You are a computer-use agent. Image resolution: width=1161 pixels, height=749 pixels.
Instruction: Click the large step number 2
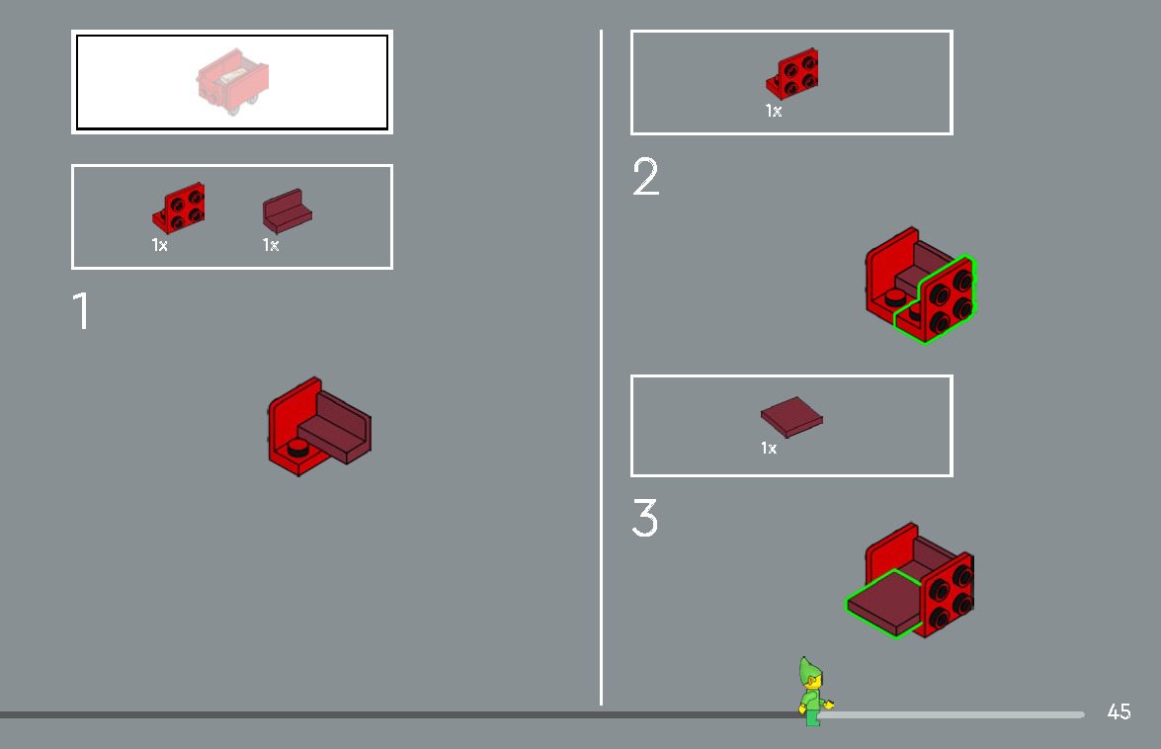click(645, 178)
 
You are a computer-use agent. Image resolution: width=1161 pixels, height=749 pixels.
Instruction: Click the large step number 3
click(644, 519)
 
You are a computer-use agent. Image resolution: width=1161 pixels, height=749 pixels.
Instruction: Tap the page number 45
click(1119, 711)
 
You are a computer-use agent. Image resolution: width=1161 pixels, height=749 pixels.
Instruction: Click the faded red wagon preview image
click(232, 83)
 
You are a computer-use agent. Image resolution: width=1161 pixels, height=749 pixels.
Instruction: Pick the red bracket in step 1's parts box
click(180, 206)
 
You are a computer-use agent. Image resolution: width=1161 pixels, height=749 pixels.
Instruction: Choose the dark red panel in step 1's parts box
click(287, 211)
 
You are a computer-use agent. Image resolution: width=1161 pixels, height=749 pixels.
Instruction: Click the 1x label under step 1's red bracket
click(159, 245)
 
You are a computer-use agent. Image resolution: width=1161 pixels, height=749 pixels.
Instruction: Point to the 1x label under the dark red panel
click(270, 245)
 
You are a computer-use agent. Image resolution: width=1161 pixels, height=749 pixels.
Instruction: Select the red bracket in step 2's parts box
click(793, 74)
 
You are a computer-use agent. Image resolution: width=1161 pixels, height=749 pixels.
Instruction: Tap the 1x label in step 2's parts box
click(773, 111)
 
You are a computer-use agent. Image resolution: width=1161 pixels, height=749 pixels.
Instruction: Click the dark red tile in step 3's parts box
click(790, 416)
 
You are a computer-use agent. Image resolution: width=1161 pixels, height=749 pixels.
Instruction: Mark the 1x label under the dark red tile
click(769, 449)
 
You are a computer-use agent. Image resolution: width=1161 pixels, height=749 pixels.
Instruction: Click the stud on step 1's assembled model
click(297, 448)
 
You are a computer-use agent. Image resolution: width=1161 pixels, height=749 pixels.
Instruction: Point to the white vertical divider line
click(601, 366)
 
